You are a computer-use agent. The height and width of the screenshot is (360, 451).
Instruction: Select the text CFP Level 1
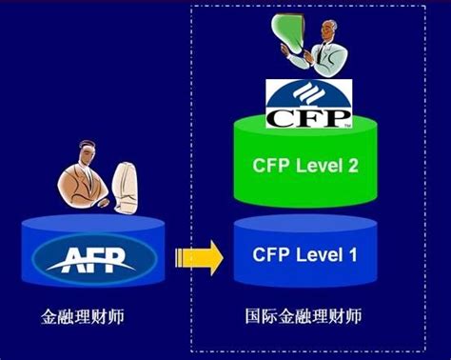(305, 254)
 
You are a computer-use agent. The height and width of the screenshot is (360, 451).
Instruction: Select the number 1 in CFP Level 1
(352, 254)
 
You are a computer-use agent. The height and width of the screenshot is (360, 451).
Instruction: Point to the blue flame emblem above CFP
(305, 94)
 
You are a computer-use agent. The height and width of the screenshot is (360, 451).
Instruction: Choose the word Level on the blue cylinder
(318, 254)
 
